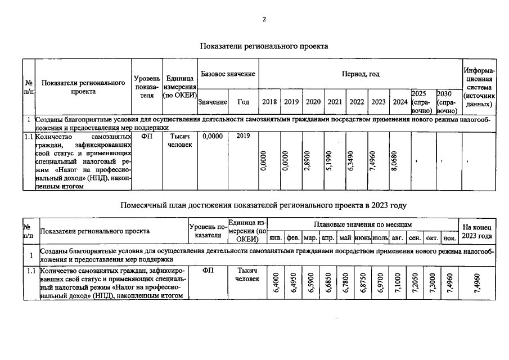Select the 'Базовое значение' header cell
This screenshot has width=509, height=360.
point(228,74)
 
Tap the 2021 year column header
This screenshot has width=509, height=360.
point(335,102)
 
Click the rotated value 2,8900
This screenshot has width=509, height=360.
point(313,163)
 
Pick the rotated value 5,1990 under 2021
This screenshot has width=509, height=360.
point(335,163)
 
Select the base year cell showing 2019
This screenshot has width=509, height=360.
point(243,136)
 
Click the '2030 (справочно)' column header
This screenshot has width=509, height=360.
point(448,102)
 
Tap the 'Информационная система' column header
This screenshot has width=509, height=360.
point(479,88)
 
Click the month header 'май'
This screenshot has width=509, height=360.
point(345,238)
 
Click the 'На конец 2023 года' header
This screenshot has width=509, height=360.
point(477,231)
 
